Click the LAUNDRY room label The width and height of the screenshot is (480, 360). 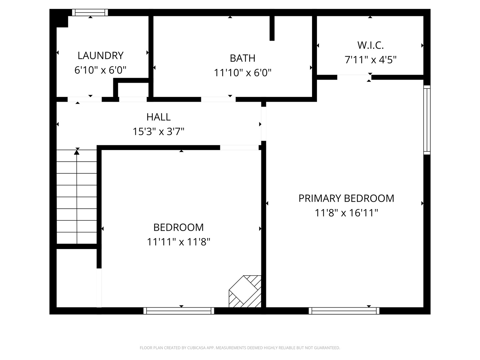point(100,55)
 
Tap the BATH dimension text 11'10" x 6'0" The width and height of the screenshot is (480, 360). point(242,73)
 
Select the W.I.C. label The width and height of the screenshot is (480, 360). point(370,45)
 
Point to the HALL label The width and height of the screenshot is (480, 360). point(158,117)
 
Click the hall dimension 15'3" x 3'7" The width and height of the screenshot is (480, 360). point(158,132)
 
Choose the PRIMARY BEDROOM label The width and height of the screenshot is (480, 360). point(346,198)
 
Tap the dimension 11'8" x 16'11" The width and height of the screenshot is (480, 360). point(346,213)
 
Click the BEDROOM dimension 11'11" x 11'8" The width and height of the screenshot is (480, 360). point(178,242)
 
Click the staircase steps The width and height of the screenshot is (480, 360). point(77,197)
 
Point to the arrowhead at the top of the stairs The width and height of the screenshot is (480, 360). point(77,152)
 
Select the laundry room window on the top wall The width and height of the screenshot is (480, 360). point(90,13)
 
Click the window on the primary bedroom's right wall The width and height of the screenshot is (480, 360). point(427,120)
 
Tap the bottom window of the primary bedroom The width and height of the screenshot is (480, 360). point(344,311)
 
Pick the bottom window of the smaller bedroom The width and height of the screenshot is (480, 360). point(179,311)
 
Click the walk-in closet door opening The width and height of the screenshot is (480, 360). point(354,77)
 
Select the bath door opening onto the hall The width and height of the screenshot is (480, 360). point(218,99)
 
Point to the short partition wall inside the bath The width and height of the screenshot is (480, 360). point(272,28)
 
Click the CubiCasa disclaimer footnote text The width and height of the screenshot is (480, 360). point(240,348)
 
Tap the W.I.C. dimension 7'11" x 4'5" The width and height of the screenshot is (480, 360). point(370,60)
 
